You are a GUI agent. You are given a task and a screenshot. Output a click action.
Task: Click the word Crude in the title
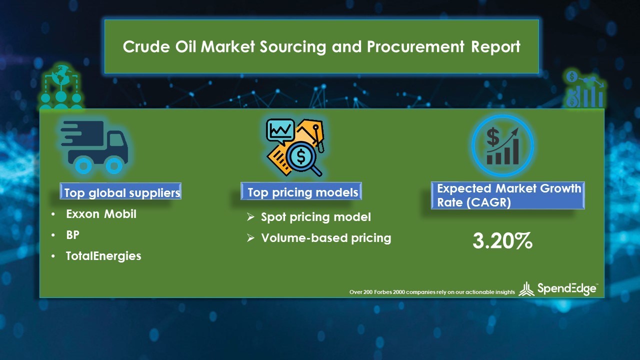[x=142, y=46]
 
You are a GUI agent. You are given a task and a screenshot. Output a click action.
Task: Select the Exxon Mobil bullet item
[x=101, y=214]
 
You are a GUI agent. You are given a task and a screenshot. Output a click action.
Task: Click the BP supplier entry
[x=72, y=235]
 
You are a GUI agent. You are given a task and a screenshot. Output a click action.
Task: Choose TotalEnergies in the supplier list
[x=103, y=256]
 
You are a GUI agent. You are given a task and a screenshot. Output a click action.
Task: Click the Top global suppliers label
[x=122, y=192]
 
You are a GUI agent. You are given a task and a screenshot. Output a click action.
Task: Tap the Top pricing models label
[x=302, y=192]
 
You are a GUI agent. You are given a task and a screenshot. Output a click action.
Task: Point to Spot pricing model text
[x=315, y=217]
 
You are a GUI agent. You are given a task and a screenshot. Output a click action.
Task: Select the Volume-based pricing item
[x=325, y=238]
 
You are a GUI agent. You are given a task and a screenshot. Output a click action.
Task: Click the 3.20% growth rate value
[x=502, y=241]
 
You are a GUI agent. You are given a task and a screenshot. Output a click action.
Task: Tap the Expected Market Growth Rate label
[x=508, y=195]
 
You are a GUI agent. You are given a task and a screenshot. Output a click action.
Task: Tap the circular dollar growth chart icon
[x=502, y=145]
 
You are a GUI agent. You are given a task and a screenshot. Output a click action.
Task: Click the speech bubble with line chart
[x=280, y=131]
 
